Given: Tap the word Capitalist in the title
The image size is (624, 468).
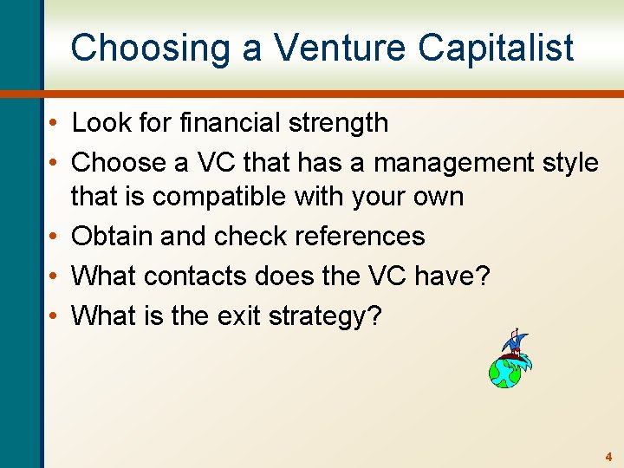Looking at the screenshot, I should (x=496, y=48).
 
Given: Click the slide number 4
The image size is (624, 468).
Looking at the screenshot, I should (x=608, y=456).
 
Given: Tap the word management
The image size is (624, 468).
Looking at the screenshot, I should (x=437, y=163).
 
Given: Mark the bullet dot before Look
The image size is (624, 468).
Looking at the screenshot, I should (x=55, y=123).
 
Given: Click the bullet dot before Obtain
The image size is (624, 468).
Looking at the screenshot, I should (x=55, y=236).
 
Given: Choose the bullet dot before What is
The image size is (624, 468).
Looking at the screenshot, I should (x=55, y=315).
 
